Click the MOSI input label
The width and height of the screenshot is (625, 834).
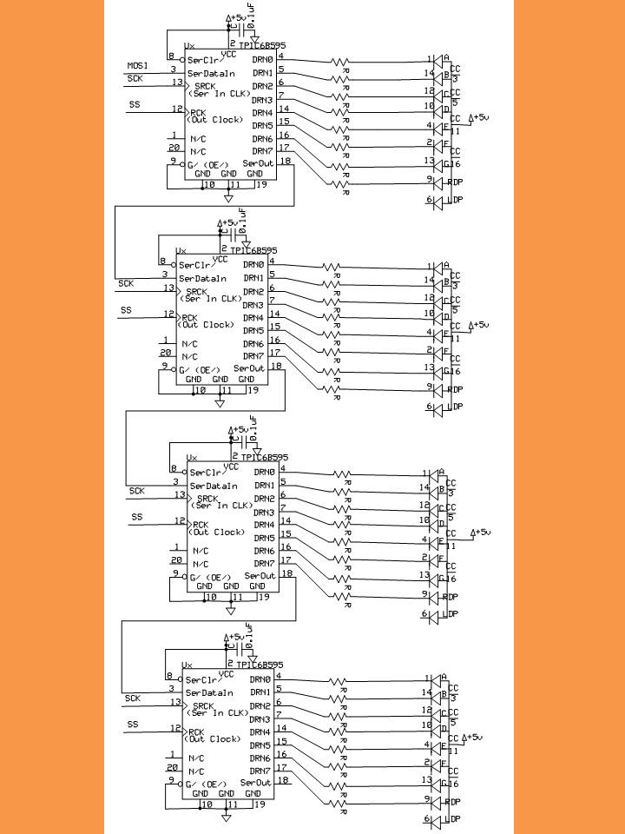[x=138, y=65]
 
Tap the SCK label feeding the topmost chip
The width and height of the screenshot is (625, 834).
[x=135, y=78]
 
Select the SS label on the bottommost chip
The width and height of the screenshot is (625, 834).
[x=133, y=724]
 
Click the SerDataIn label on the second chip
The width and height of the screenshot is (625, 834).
[x=202, y=279]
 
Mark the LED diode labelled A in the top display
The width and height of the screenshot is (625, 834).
[x=437, y=61]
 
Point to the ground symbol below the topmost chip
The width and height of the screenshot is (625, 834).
[x=228, y=198]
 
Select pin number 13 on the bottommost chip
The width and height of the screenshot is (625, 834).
[x=175, y=701]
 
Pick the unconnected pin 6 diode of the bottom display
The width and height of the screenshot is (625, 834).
[x=438, y=819]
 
